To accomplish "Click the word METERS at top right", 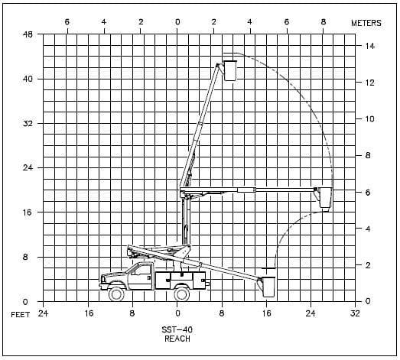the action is coord(366,23).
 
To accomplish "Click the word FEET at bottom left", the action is coord(21,315).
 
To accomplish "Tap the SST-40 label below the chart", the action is coord(177,329).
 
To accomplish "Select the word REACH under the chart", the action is coord(177,339).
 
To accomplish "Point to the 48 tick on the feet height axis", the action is coord(28,34).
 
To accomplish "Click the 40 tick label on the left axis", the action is coord(28,79).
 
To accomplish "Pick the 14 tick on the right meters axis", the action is coord(370,46).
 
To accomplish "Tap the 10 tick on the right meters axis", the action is coord(369,118).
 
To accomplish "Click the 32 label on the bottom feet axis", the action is coord(355,313).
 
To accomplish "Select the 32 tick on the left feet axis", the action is coord(28,123).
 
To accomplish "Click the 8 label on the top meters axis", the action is coord(324,22).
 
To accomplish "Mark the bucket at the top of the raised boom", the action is coord(230,70).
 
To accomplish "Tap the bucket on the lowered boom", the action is coord(268,287).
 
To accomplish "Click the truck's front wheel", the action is coord(116,294).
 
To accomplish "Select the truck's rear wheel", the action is coord(181,294).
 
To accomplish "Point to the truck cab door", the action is coord(141,277).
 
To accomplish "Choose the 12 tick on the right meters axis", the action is coord(369,83).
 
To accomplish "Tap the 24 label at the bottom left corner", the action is coord(43,313).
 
